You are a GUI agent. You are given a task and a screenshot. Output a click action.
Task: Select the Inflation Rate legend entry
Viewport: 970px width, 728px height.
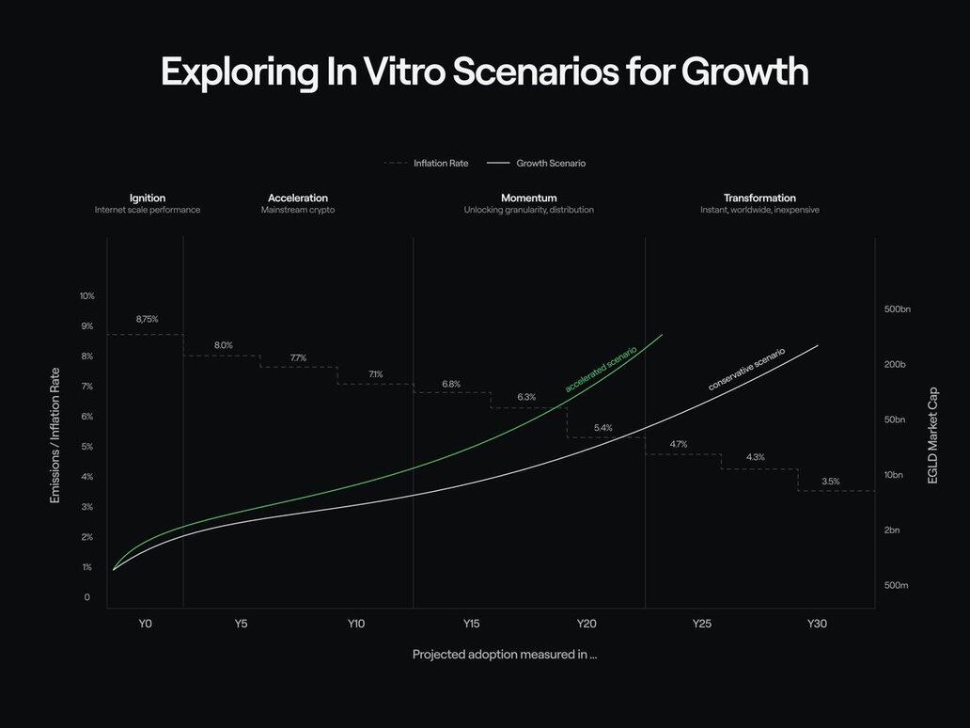(x=439, y=163)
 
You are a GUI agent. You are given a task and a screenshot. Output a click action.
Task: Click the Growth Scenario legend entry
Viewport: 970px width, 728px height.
(x=551, y=163)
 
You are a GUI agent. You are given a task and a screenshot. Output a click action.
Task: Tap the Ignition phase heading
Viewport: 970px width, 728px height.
(x=148, y=198)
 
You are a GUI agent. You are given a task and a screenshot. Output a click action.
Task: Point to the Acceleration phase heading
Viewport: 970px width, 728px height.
(x=298, y=198)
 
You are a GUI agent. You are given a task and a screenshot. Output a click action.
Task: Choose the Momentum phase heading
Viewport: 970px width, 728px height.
(x=529, y=198)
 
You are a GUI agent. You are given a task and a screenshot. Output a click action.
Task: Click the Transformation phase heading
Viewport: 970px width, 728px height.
(x=759, y=198)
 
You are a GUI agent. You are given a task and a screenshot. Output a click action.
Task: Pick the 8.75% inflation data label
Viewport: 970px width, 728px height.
(x=147, y=319)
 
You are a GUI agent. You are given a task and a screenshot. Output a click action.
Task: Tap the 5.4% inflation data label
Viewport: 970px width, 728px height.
(x=603, y=428)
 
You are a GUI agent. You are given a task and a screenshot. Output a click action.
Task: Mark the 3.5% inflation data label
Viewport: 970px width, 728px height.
(x=831, y=482)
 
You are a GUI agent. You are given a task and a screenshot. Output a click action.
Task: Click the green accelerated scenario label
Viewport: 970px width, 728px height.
(x=602, y=369)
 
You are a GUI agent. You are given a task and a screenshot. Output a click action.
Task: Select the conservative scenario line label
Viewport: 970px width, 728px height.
(x=746, y=370)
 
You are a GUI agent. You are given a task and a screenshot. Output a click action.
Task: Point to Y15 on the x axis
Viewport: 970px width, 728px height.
(x=471, y=624)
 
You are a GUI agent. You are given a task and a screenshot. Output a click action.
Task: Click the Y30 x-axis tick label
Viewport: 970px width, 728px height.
(x=817, y=624)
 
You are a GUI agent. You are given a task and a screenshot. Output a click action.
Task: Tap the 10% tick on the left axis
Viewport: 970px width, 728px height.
(x=87, y=296)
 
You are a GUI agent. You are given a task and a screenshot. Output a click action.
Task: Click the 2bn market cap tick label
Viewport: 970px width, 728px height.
(x=892, y=530)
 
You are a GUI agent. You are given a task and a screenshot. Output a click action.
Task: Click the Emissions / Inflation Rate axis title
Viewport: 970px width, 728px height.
(x=55, y=435)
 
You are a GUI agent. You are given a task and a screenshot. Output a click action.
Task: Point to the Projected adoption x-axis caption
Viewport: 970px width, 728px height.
(x=505, y=655)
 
